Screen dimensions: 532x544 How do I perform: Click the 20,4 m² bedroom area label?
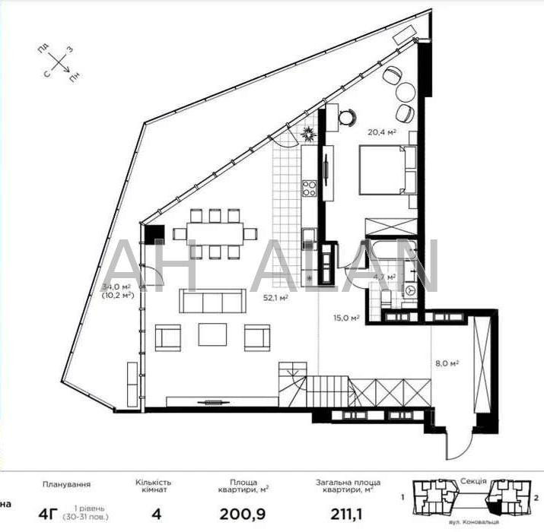tap(383, 131)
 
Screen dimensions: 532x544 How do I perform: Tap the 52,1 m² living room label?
tap(275, 299)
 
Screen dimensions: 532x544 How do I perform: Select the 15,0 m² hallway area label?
tap(345, 319)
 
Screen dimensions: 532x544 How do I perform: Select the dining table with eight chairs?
tap(215, 233)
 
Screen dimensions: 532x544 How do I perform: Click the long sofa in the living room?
tap(214, 301)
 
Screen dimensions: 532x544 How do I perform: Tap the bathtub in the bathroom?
tap(390, 229)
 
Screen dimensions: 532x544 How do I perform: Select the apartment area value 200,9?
tap(244, 515)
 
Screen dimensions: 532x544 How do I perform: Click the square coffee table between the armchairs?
tap(213, 334)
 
